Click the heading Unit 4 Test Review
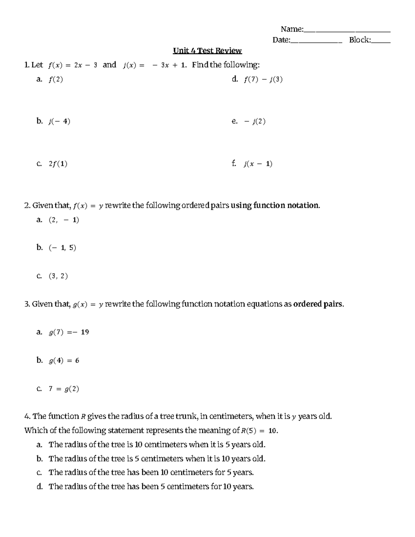[x=207, y=51]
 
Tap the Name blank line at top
[x=347, y=31]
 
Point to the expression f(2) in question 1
[x=56, y=80]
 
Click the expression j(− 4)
[x=59, y=121]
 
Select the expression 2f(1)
[x=58, y=164]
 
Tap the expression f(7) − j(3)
[x=263, y=80]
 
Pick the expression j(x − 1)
[x=258, y=164]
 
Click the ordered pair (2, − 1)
[x=64, y=220]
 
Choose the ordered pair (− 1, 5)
[x=62, y=248]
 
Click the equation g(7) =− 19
[x=69, y=332]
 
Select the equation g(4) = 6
[x=64, y=361]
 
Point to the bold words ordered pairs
[x=318, y=304]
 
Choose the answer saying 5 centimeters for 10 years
[x=151, y=487]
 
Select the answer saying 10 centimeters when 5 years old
[x=157, y=445]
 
